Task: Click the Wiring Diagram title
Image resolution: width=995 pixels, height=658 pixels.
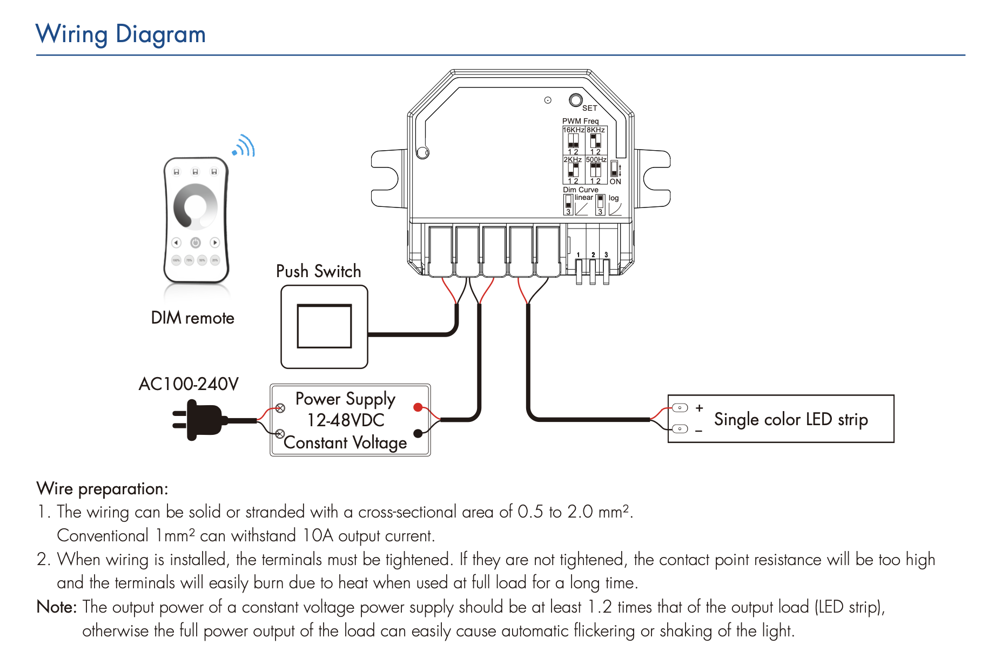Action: [120, 34]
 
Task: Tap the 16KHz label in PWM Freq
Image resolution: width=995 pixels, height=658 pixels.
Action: [573, 130]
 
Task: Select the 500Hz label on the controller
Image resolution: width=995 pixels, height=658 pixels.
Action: [596, 160]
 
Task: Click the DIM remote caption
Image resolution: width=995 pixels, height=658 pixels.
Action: [192, 318]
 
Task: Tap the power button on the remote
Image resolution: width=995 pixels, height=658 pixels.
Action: [196, 243]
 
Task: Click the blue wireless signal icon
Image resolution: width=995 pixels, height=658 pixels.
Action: [244, 146]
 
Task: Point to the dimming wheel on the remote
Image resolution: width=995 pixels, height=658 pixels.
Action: [195, 206]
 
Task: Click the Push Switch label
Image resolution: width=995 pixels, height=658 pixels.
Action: [318, 271]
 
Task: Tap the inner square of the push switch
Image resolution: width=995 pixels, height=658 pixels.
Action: [324, 326]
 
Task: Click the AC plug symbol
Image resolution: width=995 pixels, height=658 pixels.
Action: [200, 420]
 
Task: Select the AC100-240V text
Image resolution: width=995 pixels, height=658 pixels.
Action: [189, 384]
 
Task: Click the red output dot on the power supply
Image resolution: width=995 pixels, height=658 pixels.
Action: [418, 407]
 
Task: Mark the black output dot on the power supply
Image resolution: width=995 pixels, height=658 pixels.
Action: [418, 433]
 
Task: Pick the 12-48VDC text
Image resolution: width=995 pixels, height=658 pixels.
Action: [346, 420]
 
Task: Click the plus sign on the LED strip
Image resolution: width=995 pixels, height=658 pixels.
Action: [700, 408]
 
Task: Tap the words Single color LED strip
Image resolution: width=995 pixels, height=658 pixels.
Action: [791, 419]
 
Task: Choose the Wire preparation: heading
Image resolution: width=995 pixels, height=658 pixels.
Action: [102, 489]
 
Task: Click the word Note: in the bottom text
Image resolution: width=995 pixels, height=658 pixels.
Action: [57, 607]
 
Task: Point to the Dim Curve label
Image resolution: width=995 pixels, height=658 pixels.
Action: [580, 190]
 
